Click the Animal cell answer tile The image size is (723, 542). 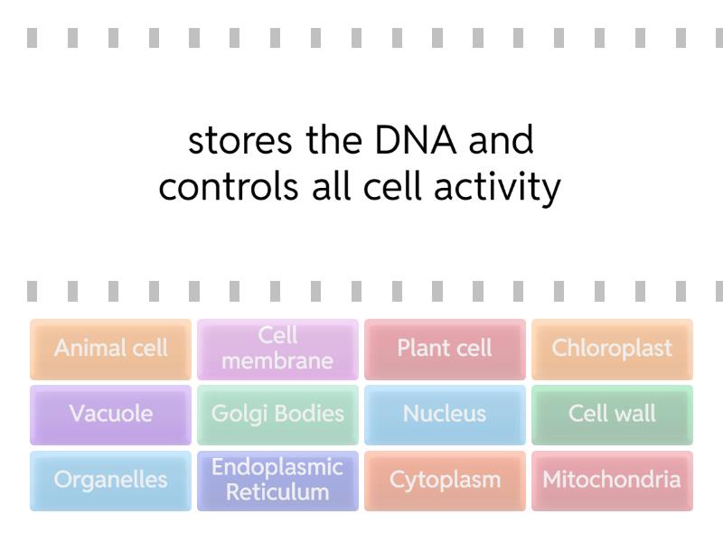[110, 349]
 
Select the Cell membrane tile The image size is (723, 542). [277, 349]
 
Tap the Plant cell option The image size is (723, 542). [445, 349]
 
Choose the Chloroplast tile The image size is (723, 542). [612, 349]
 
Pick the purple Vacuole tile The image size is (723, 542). [110, 415]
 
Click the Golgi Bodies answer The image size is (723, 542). [277, 415]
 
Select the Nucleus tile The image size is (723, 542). [445, 415]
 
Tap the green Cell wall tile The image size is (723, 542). [612, 415]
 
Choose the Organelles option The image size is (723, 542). [110, 481]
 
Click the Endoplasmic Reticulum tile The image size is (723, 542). [277, 481]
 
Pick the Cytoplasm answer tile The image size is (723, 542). [445, 481]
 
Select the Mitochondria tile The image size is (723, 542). [612, 481]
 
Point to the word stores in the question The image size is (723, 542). [240, 141]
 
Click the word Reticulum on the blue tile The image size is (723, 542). [277, 492]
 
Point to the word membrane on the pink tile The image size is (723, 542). [277, 361]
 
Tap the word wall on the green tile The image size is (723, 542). [635, 415]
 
